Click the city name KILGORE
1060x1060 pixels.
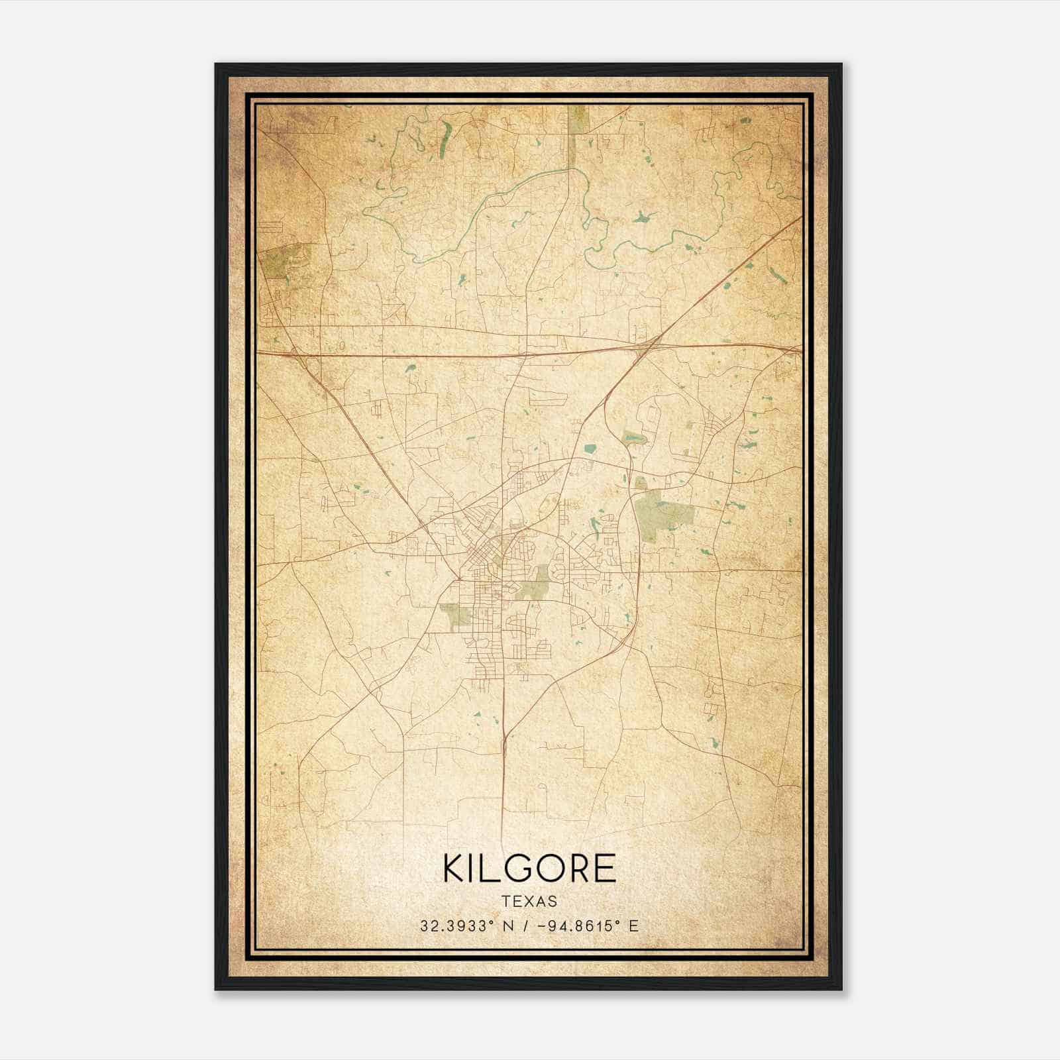click(529, 869)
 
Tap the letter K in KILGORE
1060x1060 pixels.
click(454, 869)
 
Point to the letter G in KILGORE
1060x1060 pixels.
click(523, 869)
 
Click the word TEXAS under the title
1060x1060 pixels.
click(529, 902)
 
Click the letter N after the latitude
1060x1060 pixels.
click(508, 926)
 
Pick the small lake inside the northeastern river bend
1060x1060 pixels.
click(641, 217)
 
